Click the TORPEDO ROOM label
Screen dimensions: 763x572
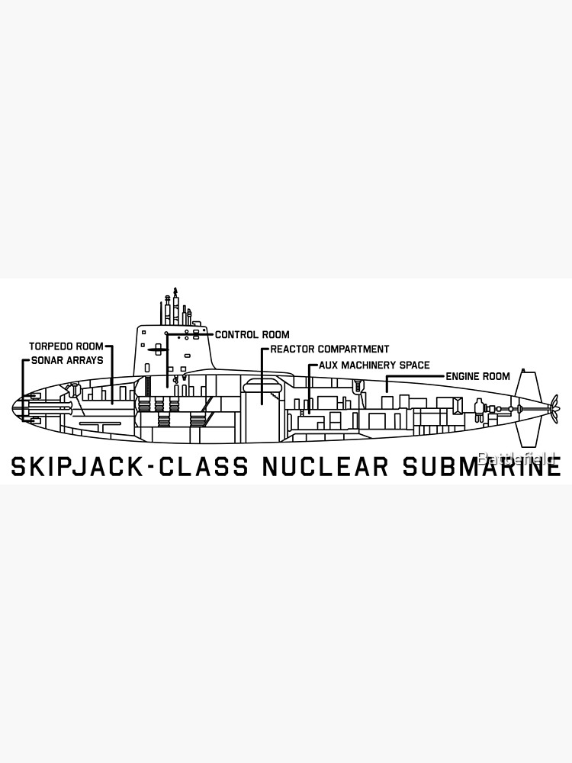click(x=66, y=346)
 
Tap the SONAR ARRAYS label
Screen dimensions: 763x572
click(x=66, y=360)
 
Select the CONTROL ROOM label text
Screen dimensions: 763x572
click(x=252, y=334)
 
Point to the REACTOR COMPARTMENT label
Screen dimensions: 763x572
click(x=329, y=349)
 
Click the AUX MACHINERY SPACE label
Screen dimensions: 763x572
click(x=374, y=365)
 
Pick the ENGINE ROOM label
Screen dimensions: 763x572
click(x=477, y=376)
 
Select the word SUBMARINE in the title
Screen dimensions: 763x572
click(x=482, y=466)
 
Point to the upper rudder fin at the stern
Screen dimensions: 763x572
click(x=524, y=386)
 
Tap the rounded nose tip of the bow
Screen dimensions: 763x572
click(x=14, y=408)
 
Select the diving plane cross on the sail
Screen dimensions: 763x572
click(x=158, y=349)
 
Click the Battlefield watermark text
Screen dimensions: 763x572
click(x=519, y=457)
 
